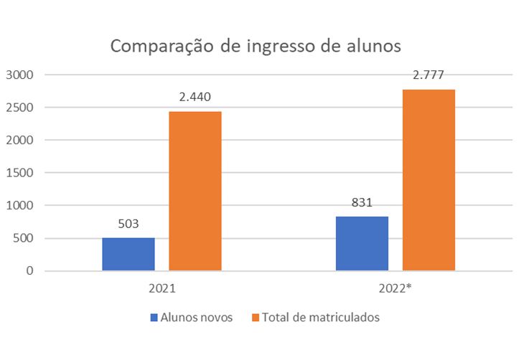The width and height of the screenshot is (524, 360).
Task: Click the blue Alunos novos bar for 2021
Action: pos(128,254)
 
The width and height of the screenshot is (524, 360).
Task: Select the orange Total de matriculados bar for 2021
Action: pos(195,191)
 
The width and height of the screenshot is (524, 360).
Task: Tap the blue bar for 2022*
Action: pos(362,243)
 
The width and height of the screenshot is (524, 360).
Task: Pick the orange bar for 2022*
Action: pos(429,180)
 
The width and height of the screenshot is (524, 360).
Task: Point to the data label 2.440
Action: pos(195,97)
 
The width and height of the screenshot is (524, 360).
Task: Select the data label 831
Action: pos(362,202)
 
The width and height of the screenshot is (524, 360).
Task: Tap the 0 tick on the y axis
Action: pos(29,271)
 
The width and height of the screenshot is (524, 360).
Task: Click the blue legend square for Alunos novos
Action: pos(154,317)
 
